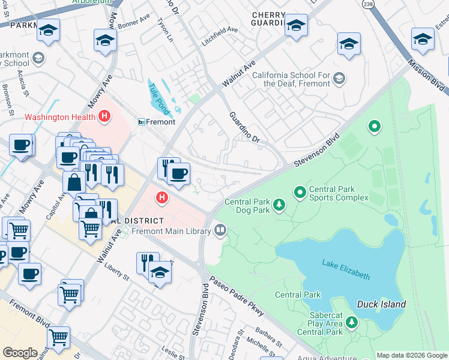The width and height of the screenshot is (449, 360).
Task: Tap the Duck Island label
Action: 381,304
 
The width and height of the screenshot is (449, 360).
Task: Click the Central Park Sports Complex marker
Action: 300,192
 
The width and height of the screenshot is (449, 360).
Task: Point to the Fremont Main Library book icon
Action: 220,230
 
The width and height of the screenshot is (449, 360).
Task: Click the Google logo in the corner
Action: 20,353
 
